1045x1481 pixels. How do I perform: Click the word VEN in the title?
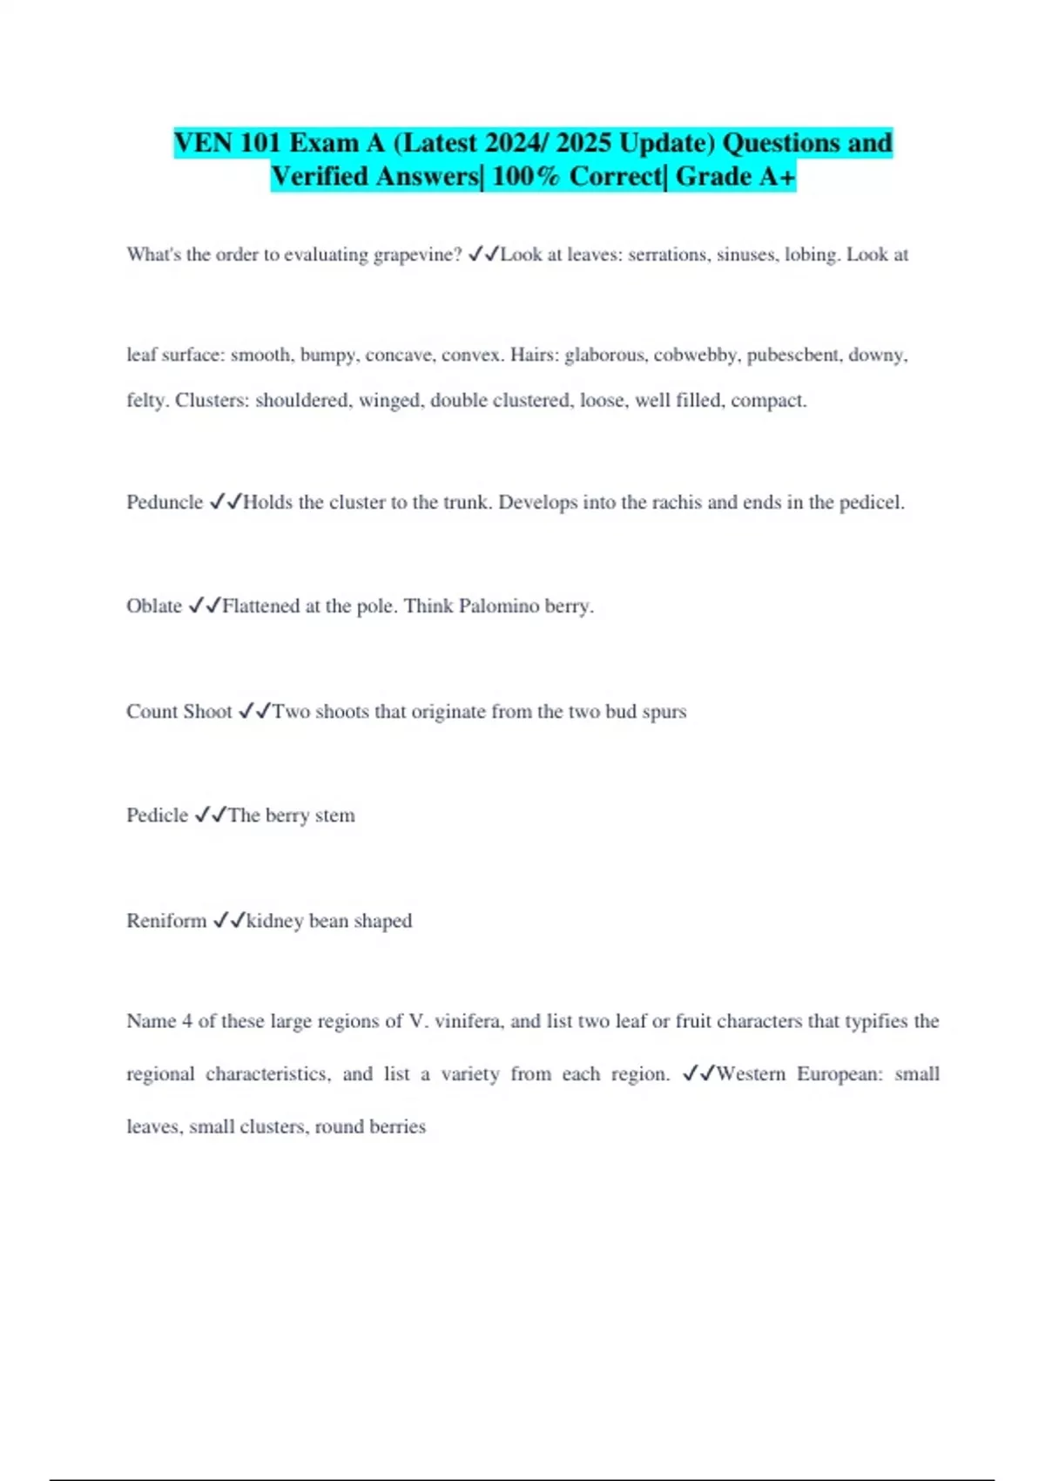(203, 143)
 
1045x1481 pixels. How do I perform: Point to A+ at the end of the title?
(777, 177)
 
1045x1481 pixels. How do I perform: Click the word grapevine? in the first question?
(417, 254)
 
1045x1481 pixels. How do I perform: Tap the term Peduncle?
(165, 503)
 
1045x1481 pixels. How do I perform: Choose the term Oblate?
(154, 606)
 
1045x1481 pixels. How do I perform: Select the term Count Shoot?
(179, 712)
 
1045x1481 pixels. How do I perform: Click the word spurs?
(664, 712)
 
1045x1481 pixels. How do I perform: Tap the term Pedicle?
(157, 815)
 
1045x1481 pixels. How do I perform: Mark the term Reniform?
(166, 921)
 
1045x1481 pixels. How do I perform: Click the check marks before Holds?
(226, 503)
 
